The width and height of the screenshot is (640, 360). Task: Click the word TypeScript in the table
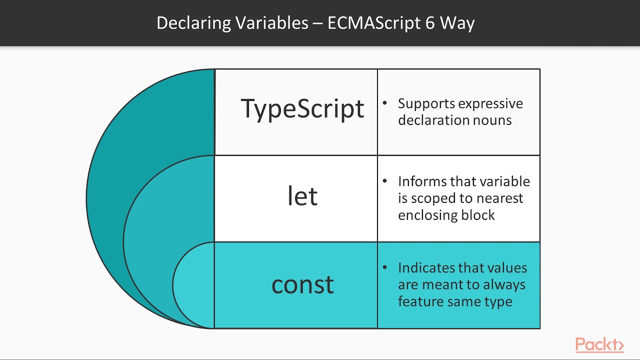[x=302, y=108]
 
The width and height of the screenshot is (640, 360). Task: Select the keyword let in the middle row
[x=302, y=196]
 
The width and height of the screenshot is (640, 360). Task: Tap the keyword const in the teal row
[x=302, y=284]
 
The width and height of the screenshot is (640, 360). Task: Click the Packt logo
[x=599, y=344]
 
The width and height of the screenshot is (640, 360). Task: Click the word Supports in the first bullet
[x=426, y=103]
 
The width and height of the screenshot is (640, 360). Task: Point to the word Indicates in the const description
[x=427, y=268]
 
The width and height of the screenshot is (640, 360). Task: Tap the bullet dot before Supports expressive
[x=385, y=103]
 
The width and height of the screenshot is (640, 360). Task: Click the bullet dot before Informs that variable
[x=385, y=180]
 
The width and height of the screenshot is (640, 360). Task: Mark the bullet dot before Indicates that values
[x=385, y=267]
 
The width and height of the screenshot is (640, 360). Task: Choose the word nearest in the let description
[x=499, y=198]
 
